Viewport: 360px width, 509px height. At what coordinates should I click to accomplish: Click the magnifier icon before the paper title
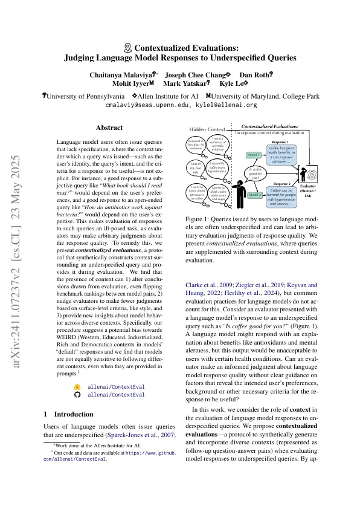tap(127, 47)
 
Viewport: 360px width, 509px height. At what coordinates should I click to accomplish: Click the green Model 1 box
tap(253, 155)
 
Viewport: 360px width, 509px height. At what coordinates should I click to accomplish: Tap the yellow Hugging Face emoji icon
tap(77, 386)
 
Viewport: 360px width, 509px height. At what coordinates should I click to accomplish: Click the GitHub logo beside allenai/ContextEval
tap(77, 394)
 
